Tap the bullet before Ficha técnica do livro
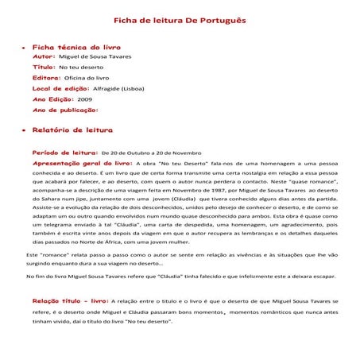coord(22,48)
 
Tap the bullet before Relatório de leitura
coord(22,129)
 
